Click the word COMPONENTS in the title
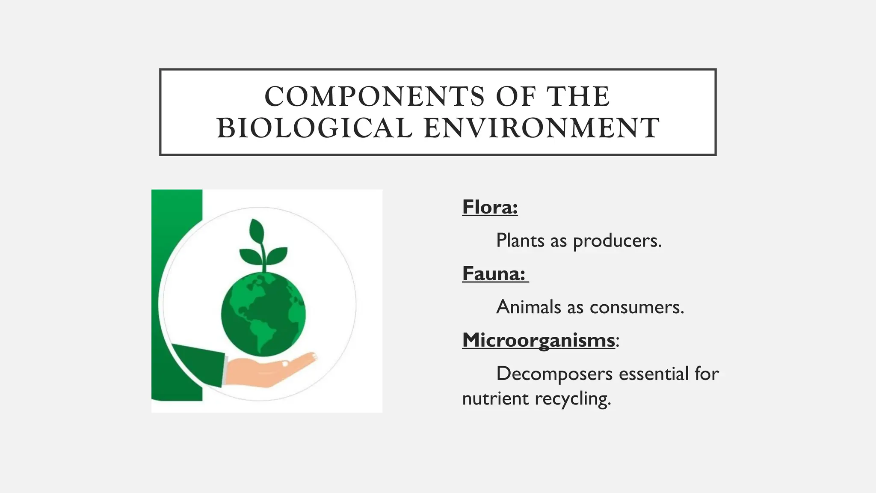coord(374,96)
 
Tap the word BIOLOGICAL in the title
coord(314,128)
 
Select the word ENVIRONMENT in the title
coord(542,128)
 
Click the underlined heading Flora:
coord(490,208)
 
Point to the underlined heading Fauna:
coord(494,274)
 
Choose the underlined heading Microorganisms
coord(538,341)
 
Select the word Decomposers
coord(554,374)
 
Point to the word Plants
coord(520,241)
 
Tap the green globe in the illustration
coord(263,315)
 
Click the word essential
coord(654,374)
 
